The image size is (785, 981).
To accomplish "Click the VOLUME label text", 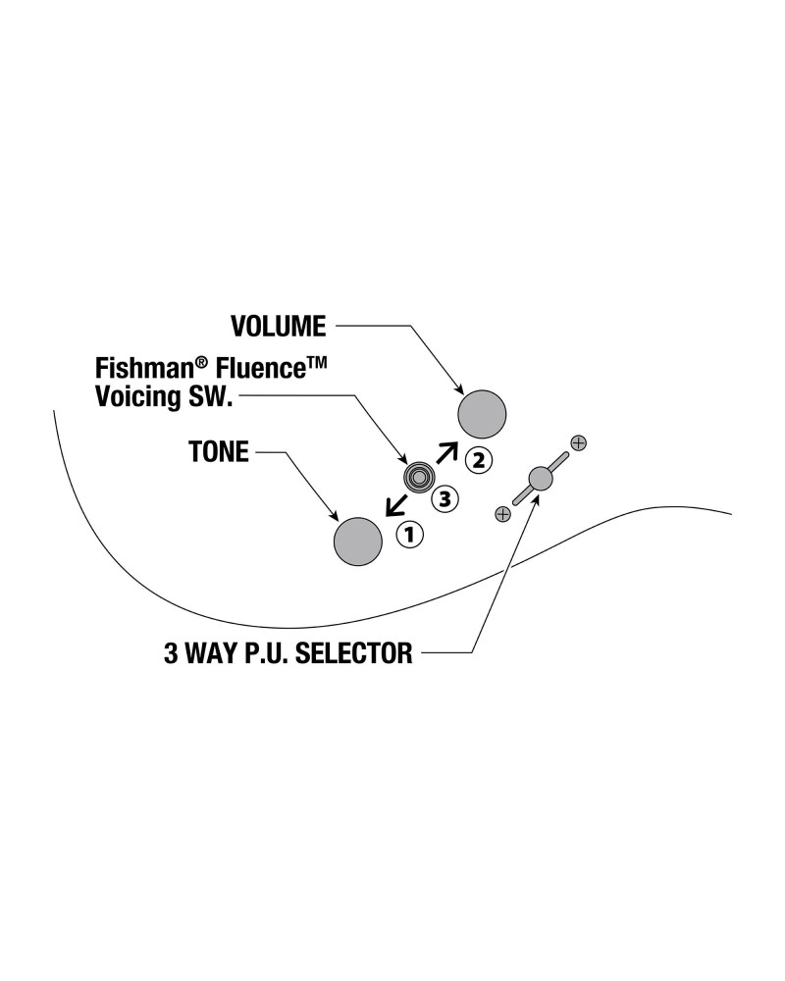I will point(278,326).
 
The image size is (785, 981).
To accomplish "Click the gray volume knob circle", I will point(483,413).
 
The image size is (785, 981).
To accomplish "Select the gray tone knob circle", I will point(358,542).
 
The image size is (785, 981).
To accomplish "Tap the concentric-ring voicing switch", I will point(419,478).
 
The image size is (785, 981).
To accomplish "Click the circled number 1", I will point(409,535).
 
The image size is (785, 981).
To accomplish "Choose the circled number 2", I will point(478,457).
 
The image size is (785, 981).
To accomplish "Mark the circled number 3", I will point(445,499).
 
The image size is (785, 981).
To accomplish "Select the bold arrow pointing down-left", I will point(396,504).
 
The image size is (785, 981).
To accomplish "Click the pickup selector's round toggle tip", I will point(540,479).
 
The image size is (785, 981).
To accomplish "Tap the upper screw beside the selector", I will point(578,442).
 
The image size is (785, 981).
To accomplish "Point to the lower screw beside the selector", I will point(503,513).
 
